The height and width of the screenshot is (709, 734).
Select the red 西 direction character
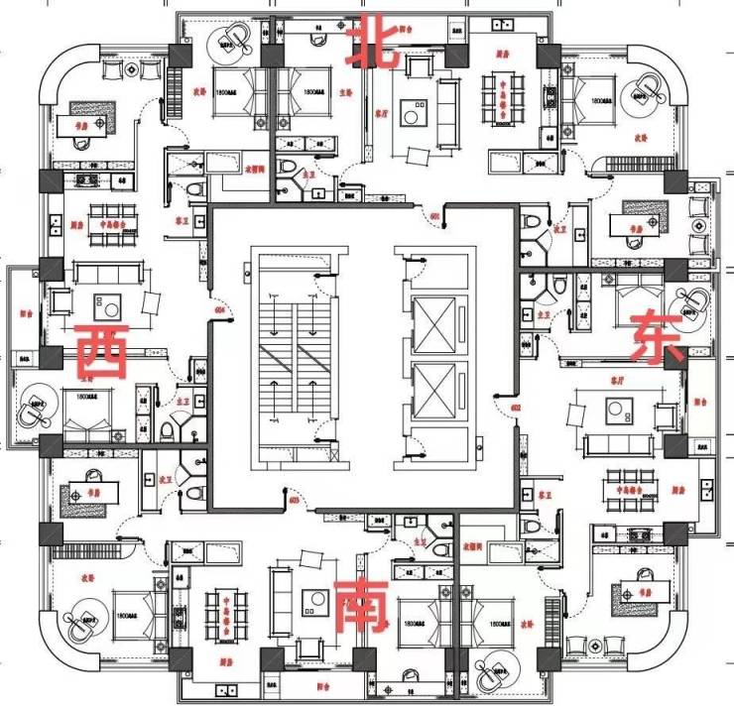(x=101, y=352)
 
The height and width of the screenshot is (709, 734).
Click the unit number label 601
(x=433, y=214)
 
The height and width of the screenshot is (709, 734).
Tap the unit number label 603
(x=294, y=500)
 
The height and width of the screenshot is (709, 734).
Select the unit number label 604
(x=219, y=310)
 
